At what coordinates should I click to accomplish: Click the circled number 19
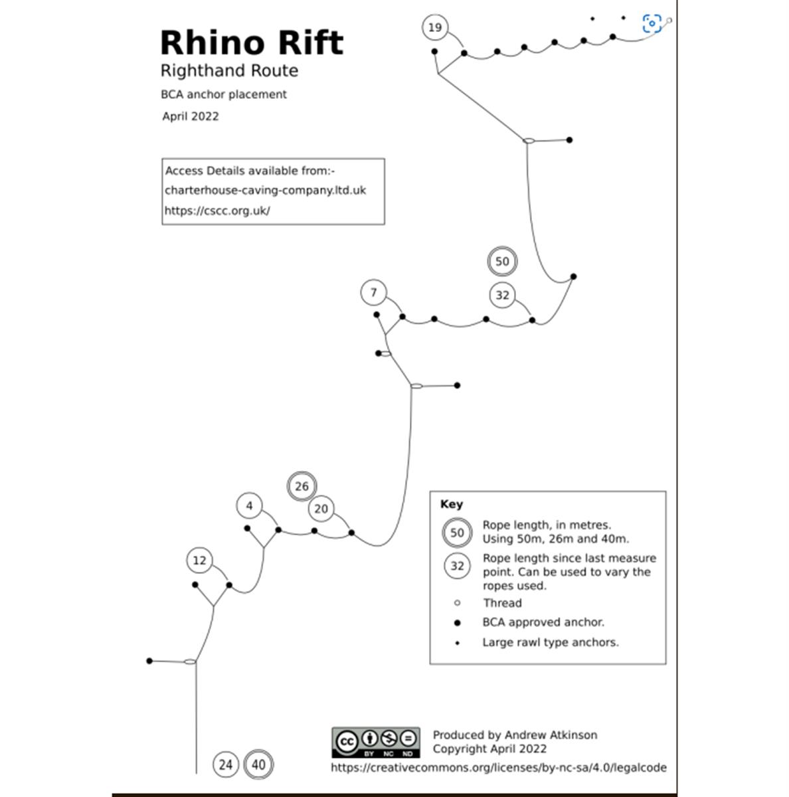[434, 27]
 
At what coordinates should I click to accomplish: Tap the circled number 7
[374, 292]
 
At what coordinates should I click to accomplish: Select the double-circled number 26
[302, 486]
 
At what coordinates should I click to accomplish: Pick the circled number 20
[321, 509]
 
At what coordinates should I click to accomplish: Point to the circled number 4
[249, 506]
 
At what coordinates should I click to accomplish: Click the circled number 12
[199, 561]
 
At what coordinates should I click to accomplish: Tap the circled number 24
[226, 764]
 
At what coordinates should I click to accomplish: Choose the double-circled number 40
[258, 764]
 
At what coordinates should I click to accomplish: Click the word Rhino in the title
[209, 43]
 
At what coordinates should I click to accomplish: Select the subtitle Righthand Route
[229, 70]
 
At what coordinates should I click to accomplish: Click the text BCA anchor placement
[224, 94]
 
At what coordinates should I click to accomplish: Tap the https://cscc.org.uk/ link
[217, 211]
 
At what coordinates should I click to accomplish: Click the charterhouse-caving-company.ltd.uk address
[265, 190]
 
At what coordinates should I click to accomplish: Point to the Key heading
[452, 504]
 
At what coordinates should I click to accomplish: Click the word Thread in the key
[502, 603]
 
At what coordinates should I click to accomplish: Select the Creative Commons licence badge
[376, 743]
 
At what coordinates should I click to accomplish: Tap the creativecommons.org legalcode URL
[498, 768]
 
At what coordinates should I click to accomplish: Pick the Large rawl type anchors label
[550, 642]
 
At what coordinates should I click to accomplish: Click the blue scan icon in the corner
[652, 24]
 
